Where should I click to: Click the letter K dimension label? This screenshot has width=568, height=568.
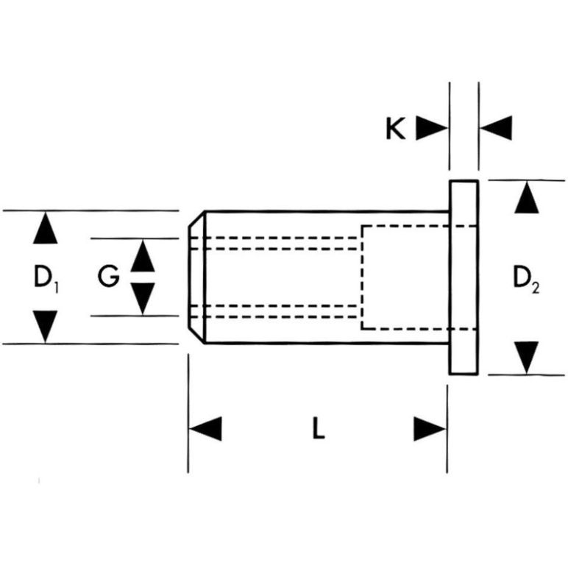(x=395, y=129)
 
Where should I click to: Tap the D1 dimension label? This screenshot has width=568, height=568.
(x=46, y=277)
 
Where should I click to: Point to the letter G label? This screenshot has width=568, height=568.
(x=108, y=277)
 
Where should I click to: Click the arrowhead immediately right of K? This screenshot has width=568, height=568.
(x=431, y=128)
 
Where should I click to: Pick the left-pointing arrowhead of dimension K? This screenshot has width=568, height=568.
(x=495, y=128)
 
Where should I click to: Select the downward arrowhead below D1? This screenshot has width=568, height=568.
(x=46, y=326)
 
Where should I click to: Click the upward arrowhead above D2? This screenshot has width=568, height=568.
(x=525, y=198)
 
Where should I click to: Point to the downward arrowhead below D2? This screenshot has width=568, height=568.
(x=525, y=357)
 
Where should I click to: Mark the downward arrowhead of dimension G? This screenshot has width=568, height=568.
(x=143, y=298)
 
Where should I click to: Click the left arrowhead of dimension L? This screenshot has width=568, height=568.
(x=205, y=429)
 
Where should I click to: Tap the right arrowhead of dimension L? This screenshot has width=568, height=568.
(x=430, y=429)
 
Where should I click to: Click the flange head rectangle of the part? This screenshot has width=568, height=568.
(x=464, y=277)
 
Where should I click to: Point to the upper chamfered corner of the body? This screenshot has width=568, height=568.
(x=196, y=220)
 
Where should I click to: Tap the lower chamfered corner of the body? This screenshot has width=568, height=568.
(x=196, y=335)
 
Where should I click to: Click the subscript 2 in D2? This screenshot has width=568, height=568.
(x=535, y=287)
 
